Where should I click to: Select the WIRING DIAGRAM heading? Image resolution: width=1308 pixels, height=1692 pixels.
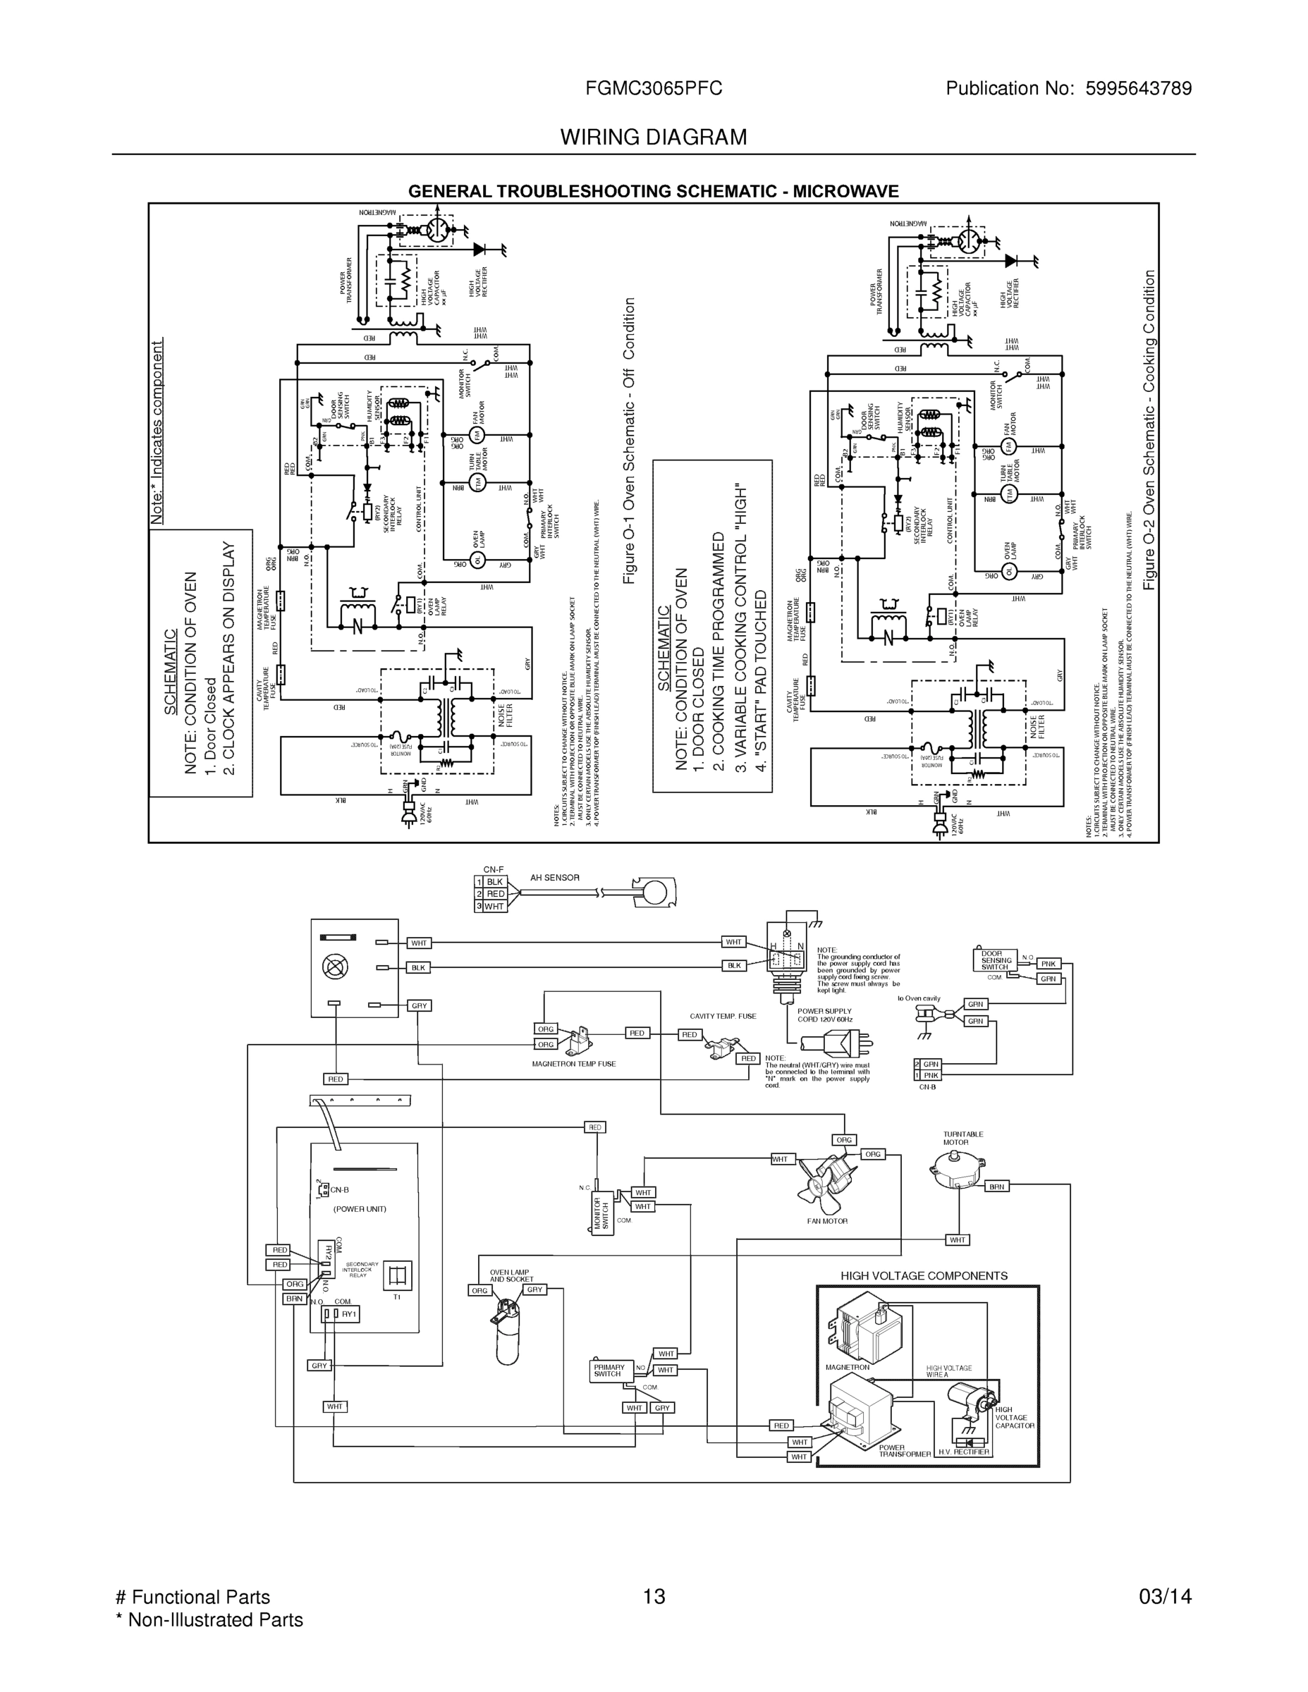point(653,137)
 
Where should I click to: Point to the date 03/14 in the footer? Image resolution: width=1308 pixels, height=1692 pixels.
point(1165,1597)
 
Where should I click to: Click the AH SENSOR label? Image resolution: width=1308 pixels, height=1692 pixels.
point(555,878)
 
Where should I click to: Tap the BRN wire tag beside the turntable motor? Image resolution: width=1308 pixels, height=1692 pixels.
point(997,1186)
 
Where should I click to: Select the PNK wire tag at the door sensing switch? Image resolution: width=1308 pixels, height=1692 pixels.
point(1049,964)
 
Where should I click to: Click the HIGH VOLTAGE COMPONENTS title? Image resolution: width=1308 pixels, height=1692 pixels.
point(924,1276)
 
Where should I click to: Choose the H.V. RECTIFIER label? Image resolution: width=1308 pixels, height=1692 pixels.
point(963,1452)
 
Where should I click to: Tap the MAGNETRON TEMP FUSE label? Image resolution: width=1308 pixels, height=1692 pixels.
point(573,1064)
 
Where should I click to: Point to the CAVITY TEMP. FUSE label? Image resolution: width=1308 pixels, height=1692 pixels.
point(723,1016)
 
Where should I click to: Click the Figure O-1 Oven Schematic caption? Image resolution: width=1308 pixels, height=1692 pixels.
point(629,441)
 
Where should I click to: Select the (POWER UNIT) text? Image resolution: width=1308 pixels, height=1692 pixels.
point(360,1208)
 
